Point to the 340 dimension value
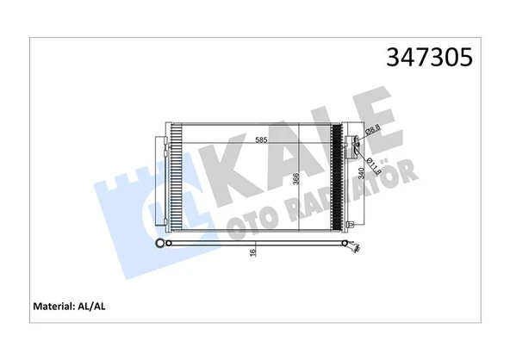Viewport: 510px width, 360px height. coord(360,175)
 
